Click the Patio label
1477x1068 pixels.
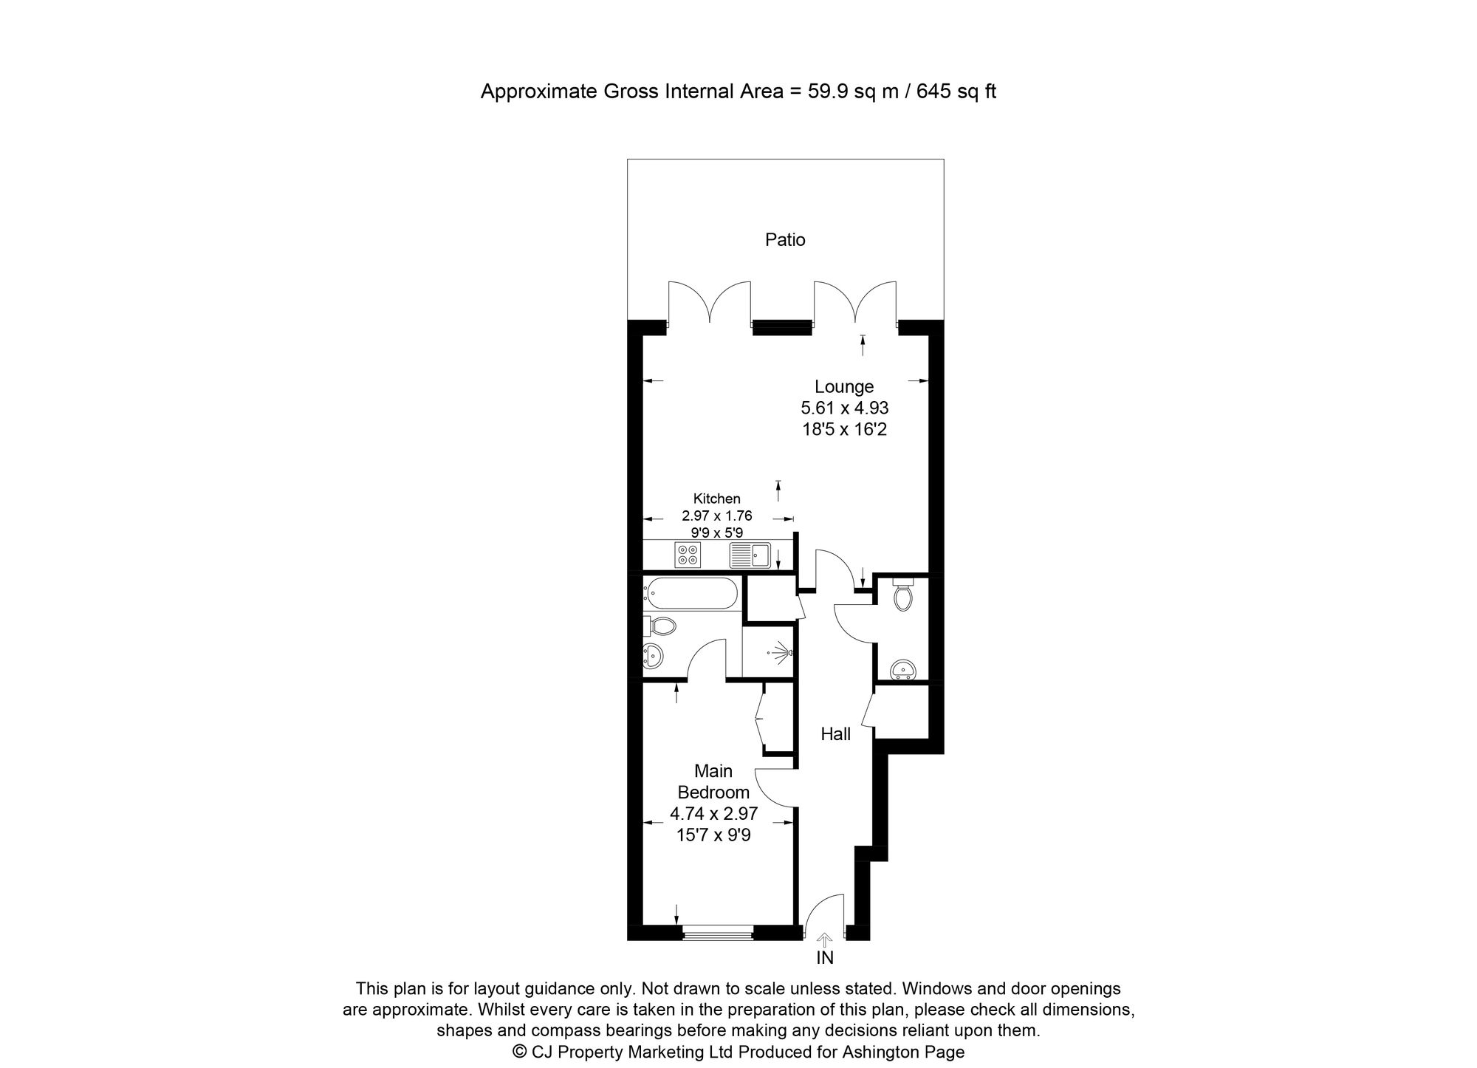pyautogui.click(x=785, y=239)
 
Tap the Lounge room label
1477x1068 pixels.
pyautogui.click(x=844, y=386)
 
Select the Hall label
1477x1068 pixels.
pyautogui.click(x=836, y=734)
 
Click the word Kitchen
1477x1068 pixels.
pyautogui.click(x=716, y=499)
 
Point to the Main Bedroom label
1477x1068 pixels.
pyautogui.click(x=713, y=781)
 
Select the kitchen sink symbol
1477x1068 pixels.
pyautogui.click(x=750, y=555)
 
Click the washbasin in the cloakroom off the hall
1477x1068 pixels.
pyautogui.click(x=902, y=670)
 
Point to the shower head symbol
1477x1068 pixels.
pyautogui.click(x=781, y=652)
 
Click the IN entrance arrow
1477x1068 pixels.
pyautogui.click(x=825, y=939)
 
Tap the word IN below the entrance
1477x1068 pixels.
pyautogui.click(x=825, y=958)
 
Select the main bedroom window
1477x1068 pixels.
pyautogui.click(x=717, y=934)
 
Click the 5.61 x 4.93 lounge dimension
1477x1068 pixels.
pyautogui.click(x=844, y=408)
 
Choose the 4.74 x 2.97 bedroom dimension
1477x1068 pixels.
pyautogui.click(x=713, y=814)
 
